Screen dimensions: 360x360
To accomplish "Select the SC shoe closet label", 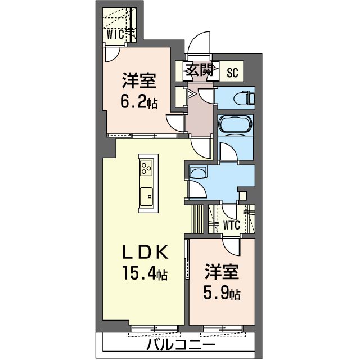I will (232, 71).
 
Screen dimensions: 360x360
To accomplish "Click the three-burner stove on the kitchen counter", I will (146, 168).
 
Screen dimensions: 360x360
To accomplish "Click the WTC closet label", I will (232, 225).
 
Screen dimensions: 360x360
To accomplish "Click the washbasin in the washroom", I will (197, 173).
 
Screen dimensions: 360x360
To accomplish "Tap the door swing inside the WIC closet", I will (112, 52).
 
